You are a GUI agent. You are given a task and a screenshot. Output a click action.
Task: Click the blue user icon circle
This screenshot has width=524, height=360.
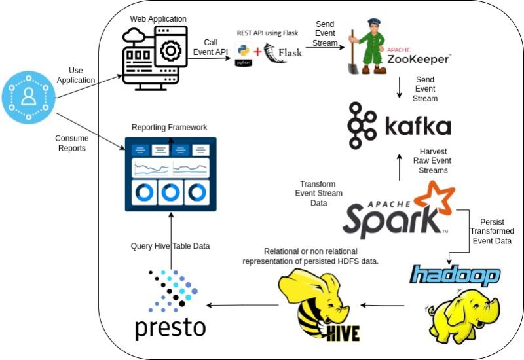pos(29,97)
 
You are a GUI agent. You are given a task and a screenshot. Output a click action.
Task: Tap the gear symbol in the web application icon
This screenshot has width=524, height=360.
pos(171,50)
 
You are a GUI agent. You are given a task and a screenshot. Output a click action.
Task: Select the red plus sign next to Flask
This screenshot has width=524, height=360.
pos(257,52)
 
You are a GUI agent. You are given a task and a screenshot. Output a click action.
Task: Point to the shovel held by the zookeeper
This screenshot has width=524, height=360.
pos(353,54)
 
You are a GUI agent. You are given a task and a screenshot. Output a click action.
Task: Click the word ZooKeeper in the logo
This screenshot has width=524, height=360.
pos(418,59)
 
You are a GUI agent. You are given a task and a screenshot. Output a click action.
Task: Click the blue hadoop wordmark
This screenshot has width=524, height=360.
pos(455,275)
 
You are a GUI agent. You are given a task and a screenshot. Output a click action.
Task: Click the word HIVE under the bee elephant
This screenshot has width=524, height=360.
pos(343,333)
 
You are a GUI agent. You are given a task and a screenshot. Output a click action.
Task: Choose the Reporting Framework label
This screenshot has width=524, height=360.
pos(169,127)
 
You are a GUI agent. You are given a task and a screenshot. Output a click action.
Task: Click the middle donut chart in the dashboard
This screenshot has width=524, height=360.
pos(170,192)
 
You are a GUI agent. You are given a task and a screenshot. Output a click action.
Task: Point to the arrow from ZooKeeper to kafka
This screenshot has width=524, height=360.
pos(399,88)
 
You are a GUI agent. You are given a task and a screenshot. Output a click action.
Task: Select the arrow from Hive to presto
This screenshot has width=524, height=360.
pos(242,305)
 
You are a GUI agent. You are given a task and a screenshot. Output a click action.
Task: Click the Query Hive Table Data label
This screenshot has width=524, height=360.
pos(170,246)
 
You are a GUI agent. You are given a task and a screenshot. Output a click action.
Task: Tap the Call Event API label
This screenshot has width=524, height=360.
pos(210,47)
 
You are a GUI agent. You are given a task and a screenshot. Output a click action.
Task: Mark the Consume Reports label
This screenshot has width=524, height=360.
pos(72,143)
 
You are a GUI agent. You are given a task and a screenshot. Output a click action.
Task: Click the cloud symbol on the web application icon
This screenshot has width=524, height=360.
pos(134,35)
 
